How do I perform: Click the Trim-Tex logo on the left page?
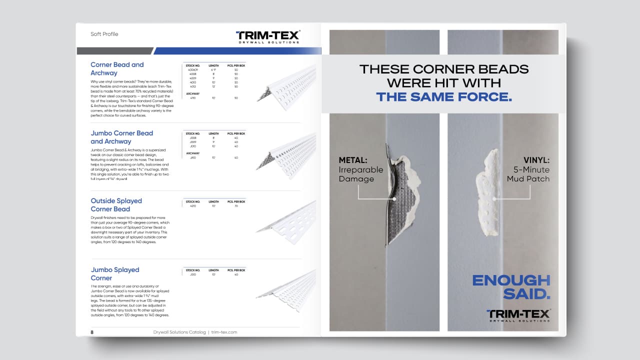tap(267, 36)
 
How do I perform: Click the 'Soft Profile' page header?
tap(104, 34)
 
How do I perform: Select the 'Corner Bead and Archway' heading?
tap(117, 68)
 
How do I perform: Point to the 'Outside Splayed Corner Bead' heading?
tap(116, 205)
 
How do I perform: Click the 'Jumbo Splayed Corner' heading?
tap(115, 273)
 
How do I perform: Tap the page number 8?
tap(92, 332)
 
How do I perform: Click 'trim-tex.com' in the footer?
tap(224, 332)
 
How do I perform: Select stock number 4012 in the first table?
tap(192, 86)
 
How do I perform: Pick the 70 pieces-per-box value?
tap(236, 206)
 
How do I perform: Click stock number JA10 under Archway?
tap(192, 157)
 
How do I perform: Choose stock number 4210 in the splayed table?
tap(192, 206)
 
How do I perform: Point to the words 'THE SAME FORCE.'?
tap(444, 96)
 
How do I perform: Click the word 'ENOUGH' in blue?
tap(511, 280)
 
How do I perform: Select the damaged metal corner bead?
tap(395, 200)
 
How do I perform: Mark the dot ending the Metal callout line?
tap(394, 199)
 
